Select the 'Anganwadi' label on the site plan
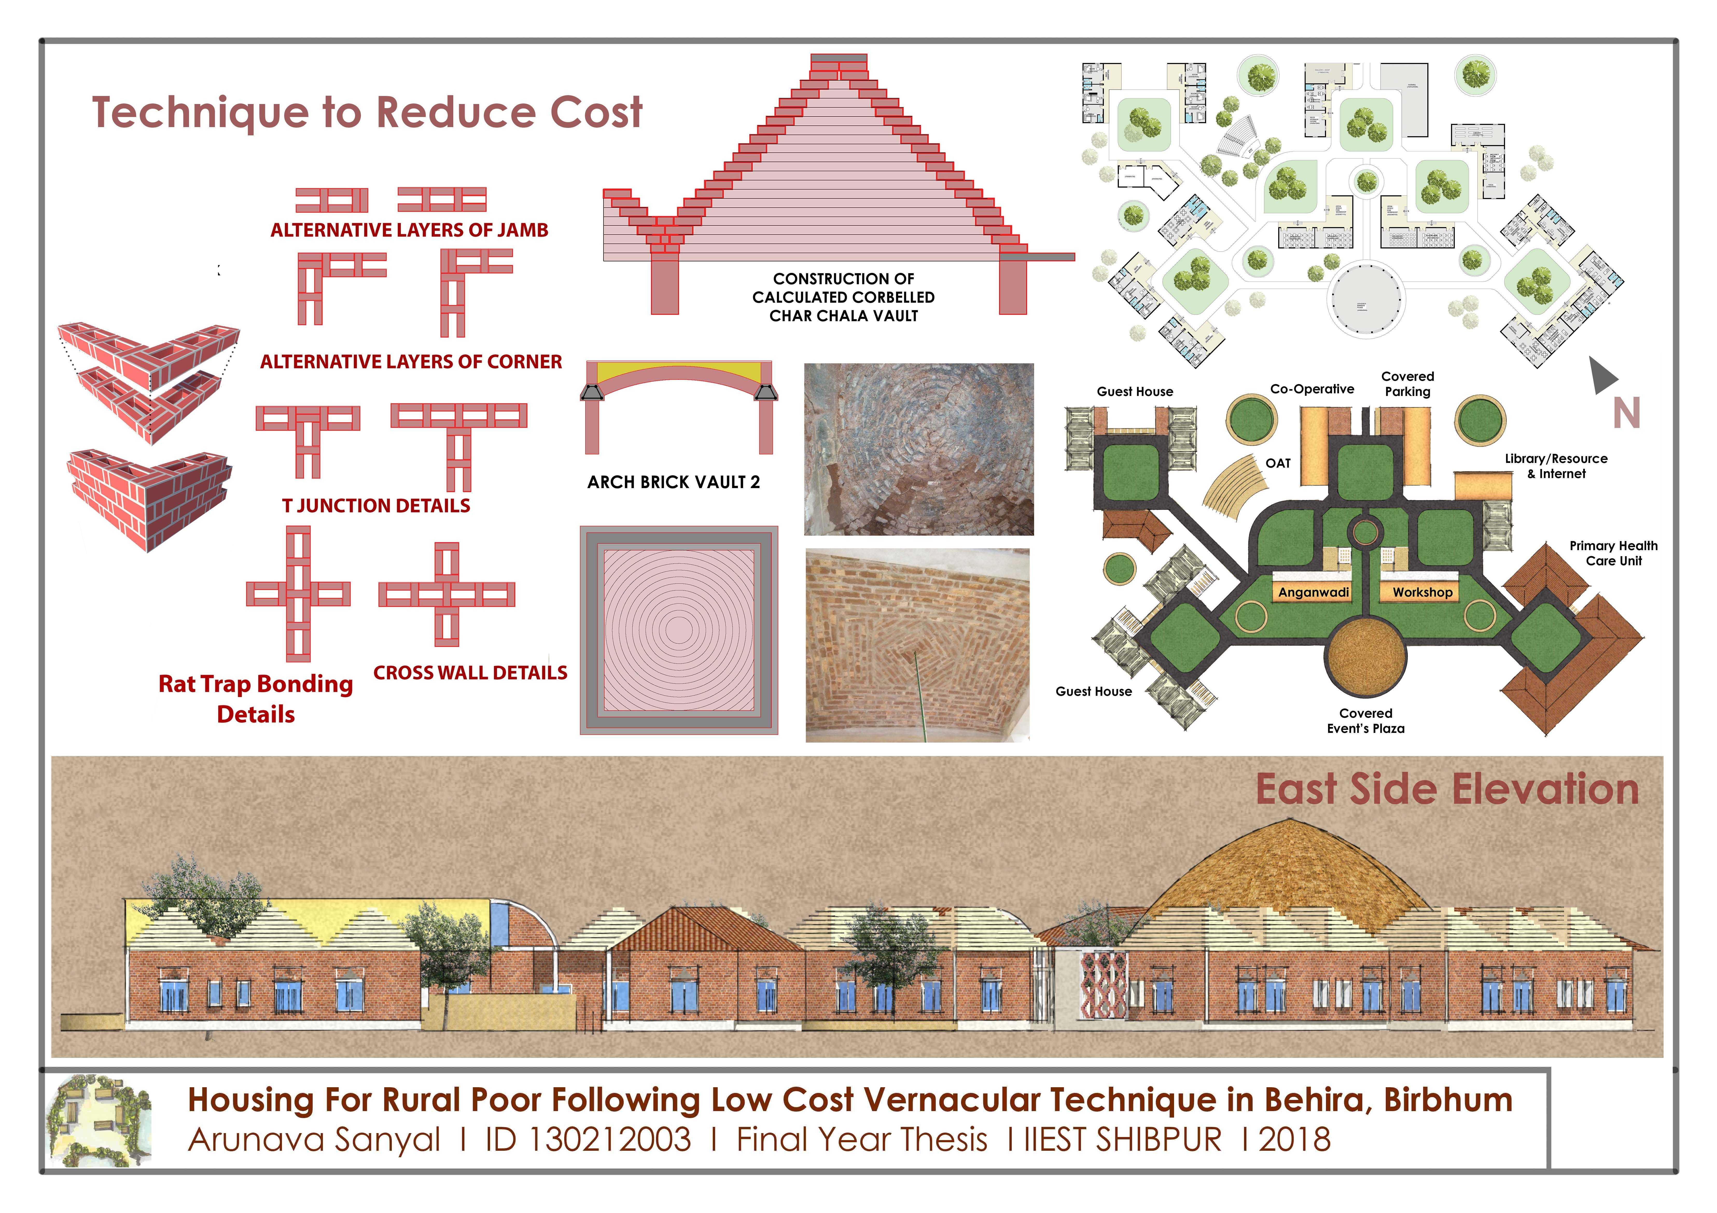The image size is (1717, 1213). point(1313,592)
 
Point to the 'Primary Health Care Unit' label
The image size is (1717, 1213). point(1613,553)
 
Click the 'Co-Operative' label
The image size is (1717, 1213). point(1312,389)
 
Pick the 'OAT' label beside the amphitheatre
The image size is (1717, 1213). point(1278,463)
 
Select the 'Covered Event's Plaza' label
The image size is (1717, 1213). point(1365,721)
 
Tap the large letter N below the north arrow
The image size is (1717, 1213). point(1627,414)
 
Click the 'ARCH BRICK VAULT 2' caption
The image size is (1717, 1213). point(673,482)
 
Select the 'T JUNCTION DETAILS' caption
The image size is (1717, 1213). point(376,506)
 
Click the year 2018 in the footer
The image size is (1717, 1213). point(1294,1140)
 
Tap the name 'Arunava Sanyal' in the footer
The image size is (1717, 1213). point(314,1140)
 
